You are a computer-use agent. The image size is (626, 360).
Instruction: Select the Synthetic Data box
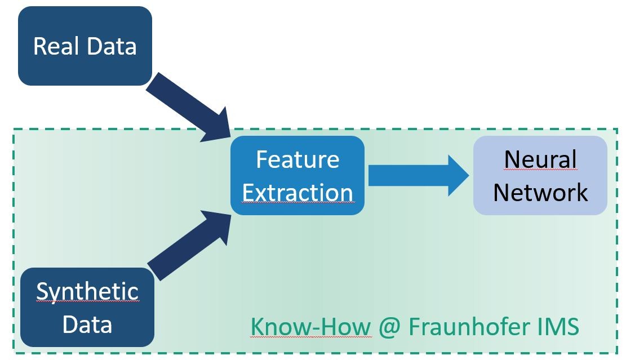[87, 307]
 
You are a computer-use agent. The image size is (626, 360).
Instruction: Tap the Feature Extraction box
[298, 175]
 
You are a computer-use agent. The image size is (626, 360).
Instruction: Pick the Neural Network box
[540, 175]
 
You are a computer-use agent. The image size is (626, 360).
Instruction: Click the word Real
[55, 46]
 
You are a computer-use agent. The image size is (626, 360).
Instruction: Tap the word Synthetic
[87, 291]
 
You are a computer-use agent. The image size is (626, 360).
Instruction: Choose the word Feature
[298, 159]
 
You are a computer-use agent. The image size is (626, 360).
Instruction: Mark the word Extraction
[298, 193]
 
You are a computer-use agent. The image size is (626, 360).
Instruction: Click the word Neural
[540, 159]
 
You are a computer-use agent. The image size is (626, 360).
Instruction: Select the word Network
[540, 193]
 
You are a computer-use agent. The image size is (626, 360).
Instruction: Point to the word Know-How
[311, 326]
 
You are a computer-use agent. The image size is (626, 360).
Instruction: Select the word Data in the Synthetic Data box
[87, 325]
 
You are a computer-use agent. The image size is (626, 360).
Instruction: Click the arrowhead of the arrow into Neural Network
[458, 175]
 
